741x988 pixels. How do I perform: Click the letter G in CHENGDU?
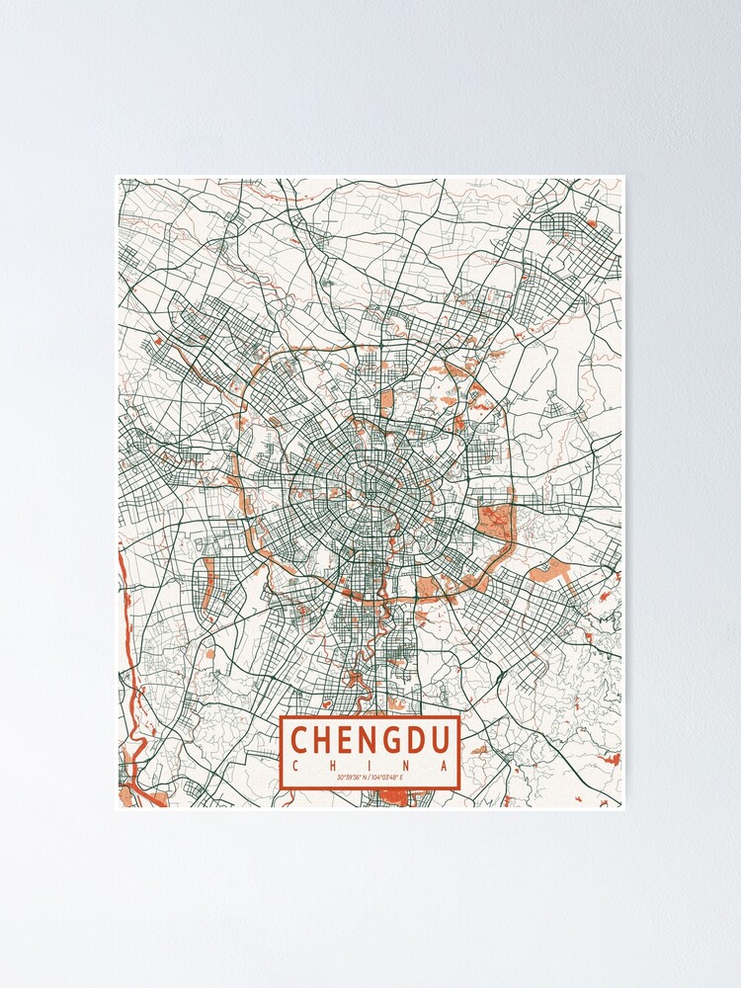tap(393, 739)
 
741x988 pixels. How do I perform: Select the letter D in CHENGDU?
tap(419, 739)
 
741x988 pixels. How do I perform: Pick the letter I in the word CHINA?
tap(370, 766)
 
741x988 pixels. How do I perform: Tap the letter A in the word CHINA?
tap(447, 766)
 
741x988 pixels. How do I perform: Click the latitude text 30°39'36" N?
tap(352, 779)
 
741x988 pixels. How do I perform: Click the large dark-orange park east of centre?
tap(495, 522)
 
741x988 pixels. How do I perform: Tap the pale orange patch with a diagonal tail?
tap(548, 571)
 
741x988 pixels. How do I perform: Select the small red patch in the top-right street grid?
tap(591, 225)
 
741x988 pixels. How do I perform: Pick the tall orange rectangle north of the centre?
tap(386, 403)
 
